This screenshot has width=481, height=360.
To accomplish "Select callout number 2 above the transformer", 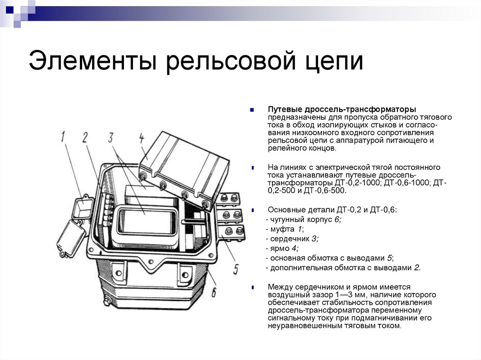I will (x=85, y=138).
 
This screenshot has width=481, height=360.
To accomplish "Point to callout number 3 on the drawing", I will (x=111, y=138).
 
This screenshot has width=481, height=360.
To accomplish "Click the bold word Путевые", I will (x=282, y=109).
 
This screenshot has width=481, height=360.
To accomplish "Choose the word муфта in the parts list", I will (x=280, y=229).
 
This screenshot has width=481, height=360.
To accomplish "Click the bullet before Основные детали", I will (x=253, y=210).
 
